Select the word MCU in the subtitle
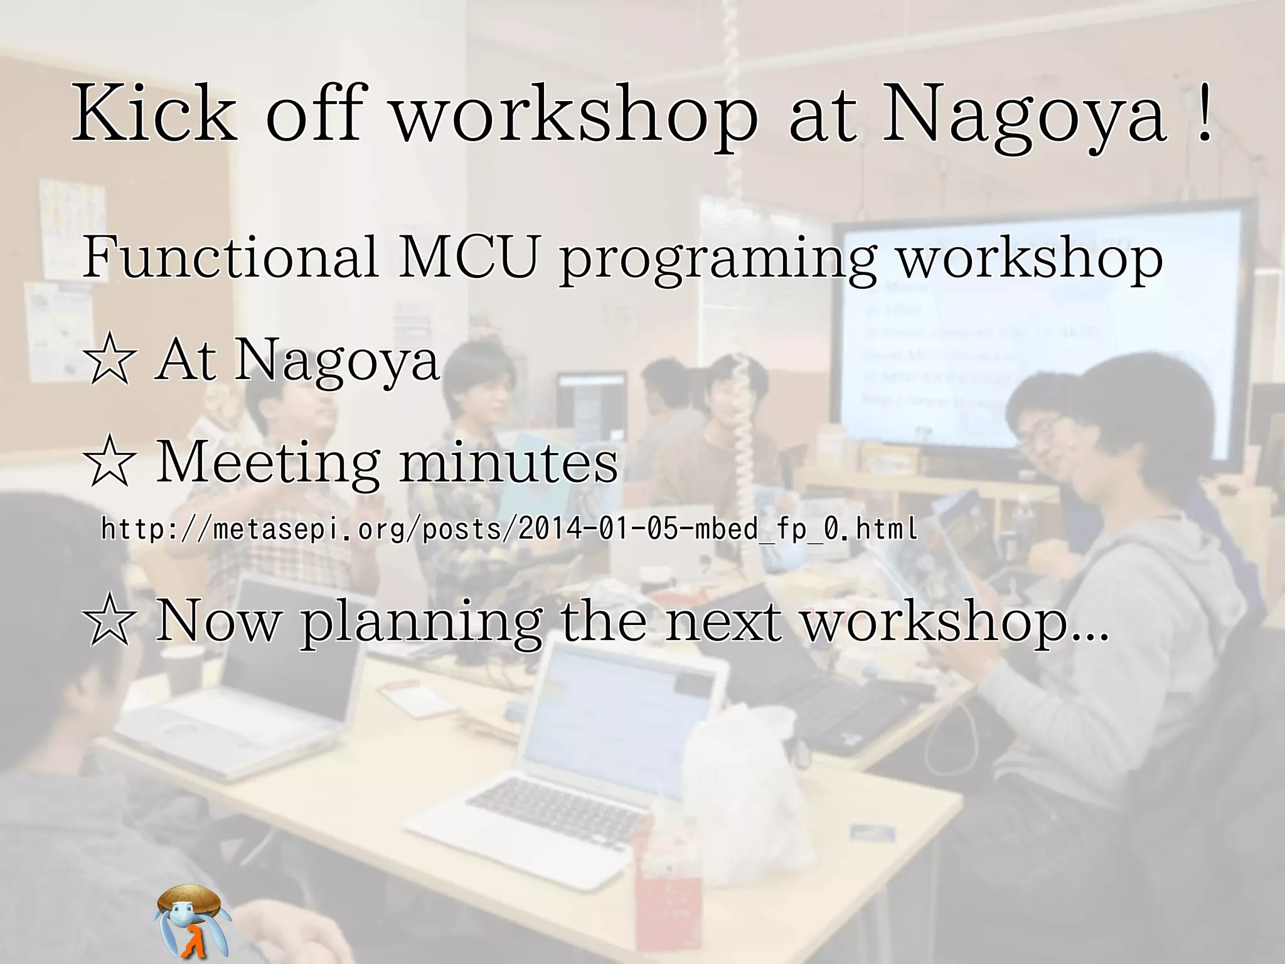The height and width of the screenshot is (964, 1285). pos(469,257)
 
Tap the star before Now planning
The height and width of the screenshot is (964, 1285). pos(110,621)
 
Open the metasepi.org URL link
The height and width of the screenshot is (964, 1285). pos(508,529)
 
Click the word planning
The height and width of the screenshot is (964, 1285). pos(421,624)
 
